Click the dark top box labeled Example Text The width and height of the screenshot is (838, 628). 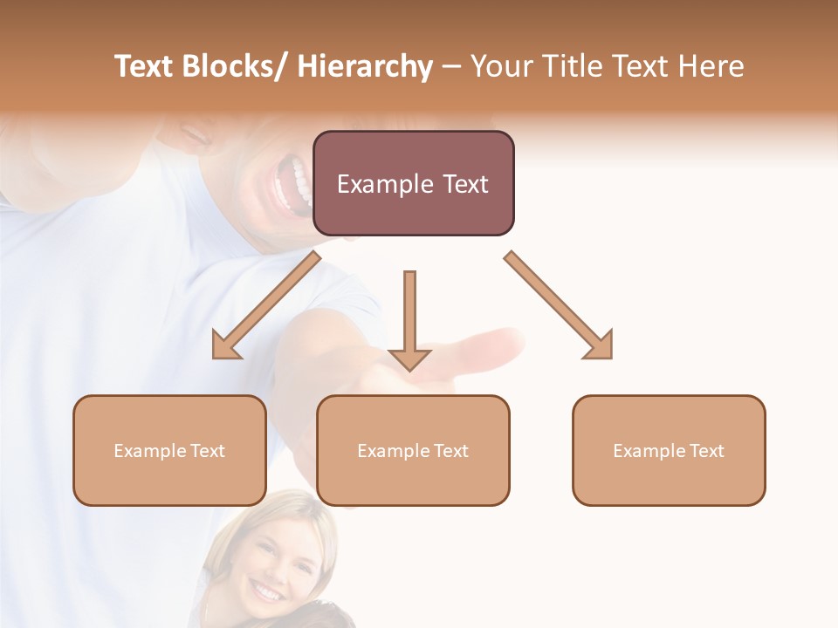[x=413, y=183]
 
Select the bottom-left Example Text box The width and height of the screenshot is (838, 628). [x=169, y=450]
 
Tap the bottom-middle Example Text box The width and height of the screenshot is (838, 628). [x=413, y=450]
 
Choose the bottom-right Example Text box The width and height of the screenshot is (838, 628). [x=669, y=450]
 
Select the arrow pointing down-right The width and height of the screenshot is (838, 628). [x=560, y=306]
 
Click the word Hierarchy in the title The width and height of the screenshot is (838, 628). [x=364, y=67]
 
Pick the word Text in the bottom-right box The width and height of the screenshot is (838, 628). [x=707, y=450]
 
